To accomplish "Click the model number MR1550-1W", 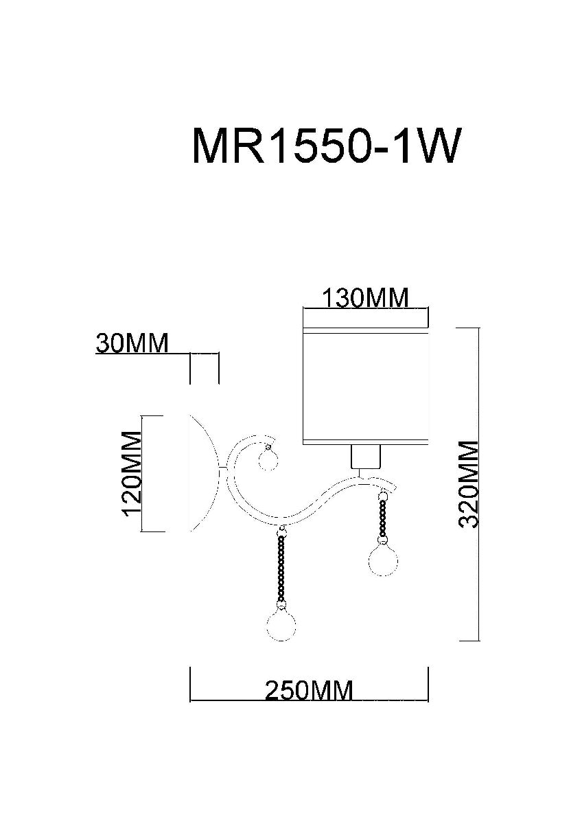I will point(324,146).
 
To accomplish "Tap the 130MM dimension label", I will point(365,299).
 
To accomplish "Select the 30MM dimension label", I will point(132,343).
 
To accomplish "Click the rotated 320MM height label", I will point(469,484).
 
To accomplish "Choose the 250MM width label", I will point(309,689).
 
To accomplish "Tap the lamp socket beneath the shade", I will point(365,457).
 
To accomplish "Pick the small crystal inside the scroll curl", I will point(268,459).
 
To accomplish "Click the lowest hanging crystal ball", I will point(280,625).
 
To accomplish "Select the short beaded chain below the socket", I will point(381,516).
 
